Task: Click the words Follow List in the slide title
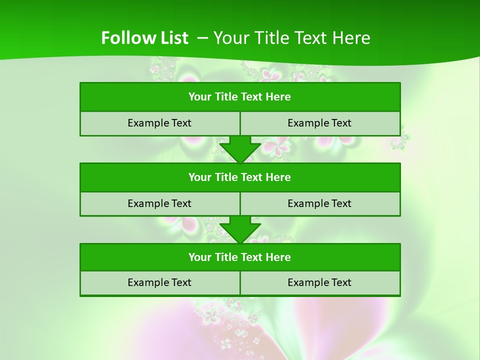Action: (144, 38)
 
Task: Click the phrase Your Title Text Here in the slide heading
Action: (291, 38)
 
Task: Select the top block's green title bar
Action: (240, 97)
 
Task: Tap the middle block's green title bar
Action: (240, 177)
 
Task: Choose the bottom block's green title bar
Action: (240, 257)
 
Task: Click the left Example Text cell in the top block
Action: (159, 123)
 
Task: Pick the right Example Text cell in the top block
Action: (319, 123)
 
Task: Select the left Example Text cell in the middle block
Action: (159, 203)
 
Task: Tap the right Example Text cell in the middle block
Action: (319, 203)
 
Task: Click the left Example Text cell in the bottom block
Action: (159, 282)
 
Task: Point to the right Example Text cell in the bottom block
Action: (319, 282)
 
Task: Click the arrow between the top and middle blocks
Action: (240, 149)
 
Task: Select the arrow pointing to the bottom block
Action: (240, 229)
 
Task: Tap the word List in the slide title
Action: (173, 38)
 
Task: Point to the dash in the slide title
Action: (202, 38)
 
